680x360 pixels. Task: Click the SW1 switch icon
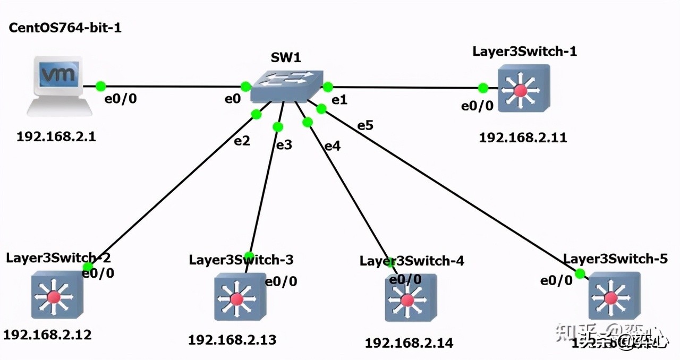[x=286, y=85]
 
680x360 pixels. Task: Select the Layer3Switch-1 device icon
[x=523, y=89]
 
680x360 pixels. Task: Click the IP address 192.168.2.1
[x=57, y=136]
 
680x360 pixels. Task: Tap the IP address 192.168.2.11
[x=523, y=138]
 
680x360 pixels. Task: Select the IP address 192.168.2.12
[x=47, y=335]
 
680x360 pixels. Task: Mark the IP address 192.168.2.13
[x=232, y=339]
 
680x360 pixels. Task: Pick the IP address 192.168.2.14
[x=409, y=342]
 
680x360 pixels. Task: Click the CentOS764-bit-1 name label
[x=65, y=28]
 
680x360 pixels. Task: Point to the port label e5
[x=365, y=125]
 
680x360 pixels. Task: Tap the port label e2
[x=242, y=141]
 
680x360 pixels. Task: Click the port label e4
[x=332, y=146]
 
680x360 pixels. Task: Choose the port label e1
[x=339, y=100]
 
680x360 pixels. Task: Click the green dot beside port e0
[x=245, y=86]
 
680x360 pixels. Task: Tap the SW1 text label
[x=286, y=57]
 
